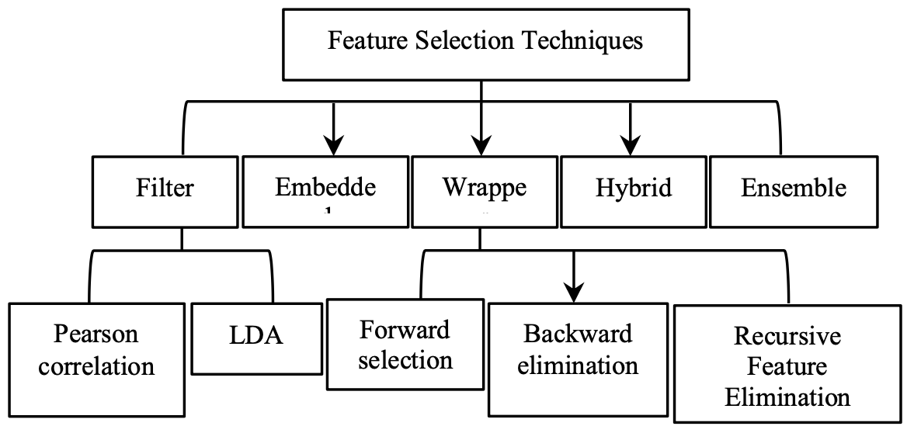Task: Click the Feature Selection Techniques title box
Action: click(x=485, y=44)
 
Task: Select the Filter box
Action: click(x=164, y=192)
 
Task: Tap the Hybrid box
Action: click(x=634, y=192)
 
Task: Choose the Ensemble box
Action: click(x=793, y=192)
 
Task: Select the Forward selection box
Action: click(x=405, y=345)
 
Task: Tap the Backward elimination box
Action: click(x=578, y=358)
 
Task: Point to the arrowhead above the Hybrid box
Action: click(x=630, y=145)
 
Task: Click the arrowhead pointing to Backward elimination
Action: click(x=573, y=293)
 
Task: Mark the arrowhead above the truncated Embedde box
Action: click(x=333, y=145)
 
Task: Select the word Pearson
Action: click(x=96, y=334)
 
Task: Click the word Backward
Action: click(x=578, y=334)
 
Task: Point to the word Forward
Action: click(x=405, y=330)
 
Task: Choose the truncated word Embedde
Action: click(x=325, y=188)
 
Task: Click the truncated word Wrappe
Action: click(x=485, y=188)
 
